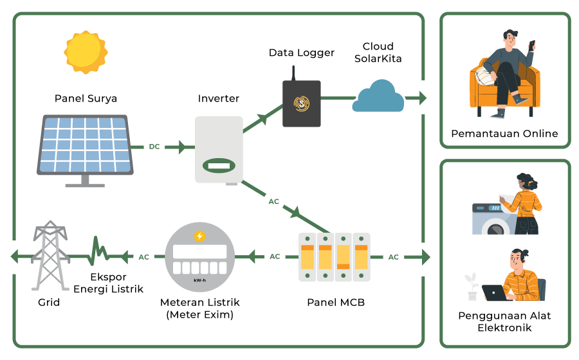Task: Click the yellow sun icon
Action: (85, 52)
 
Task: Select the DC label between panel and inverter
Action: (154, 147)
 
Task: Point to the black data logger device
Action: (301, 102)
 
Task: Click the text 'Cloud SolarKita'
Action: (378, 53)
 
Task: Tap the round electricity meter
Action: (200, 257)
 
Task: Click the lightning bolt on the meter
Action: (200, 236)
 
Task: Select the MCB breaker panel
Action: (335, 256)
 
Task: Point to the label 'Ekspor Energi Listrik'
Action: (108, 283)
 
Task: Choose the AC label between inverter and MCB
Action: (274, 201)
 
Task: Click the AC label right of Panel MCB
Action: (393, 257)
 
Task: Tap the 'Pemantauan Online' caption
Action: (504, 134)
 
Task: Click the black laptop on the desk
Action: (495, 293)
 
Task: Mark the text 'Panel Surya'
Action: (86, 98)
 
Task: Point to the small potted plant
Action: (472, 286)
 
